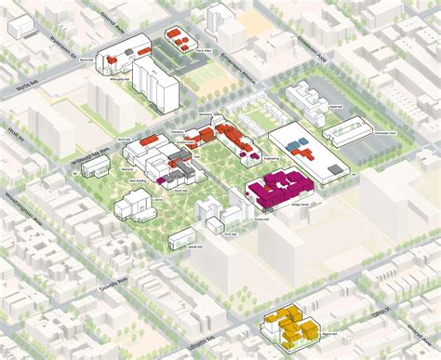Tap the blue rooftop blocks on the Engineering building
[299, 144]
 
